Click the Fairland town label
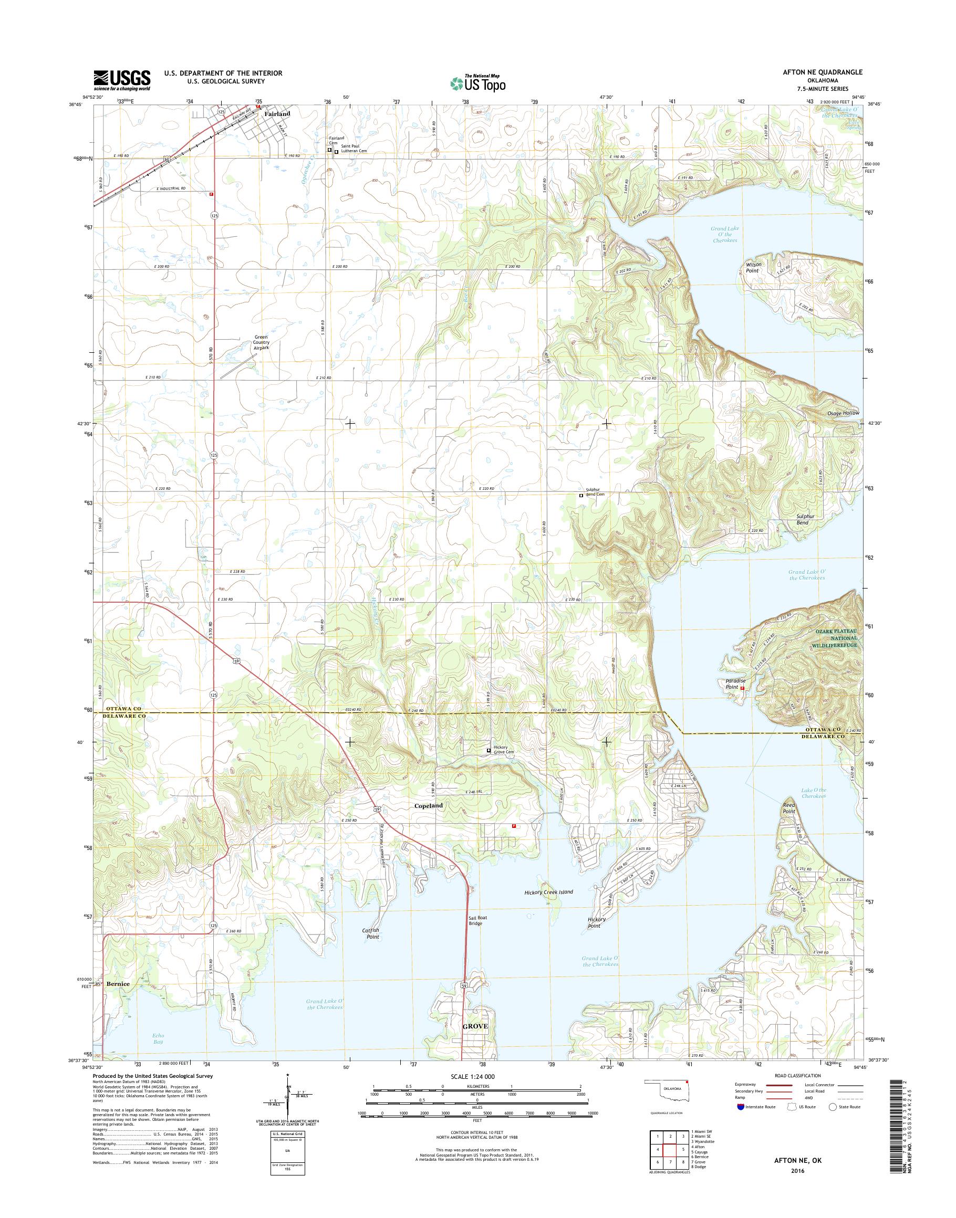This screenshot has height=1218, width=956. coord(277,113)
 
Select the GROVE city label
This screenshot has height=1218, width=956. coord(476,1042)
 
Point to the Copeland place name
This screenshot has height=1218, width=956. coord(428,806)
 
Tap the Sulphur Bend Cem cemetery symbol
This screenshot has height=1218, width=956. coord(580,495)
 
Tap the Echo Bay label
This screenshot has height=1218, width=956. coord(159,1038)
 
